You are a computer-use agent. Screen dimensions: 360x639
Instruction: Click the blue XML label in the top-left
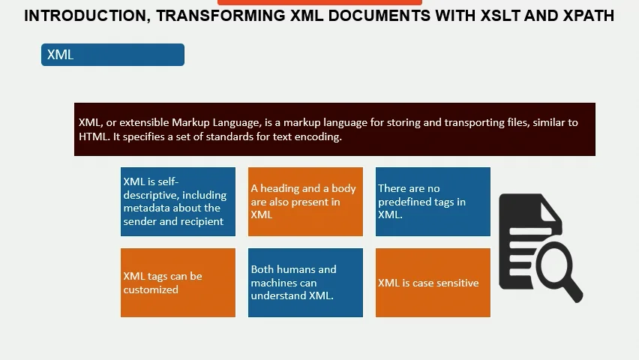pyautogui.click(x=112, y=55)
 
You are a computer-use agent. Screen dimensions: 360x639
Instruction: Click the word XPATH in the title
pyautogui.click(x=588, y=16)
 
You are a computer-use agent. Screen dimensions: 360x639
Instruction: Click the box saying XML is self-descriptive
pyautogui.click(x=178, y=201)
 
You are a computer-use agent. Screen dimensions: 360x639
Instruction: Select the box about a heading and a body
pyautogui.click(x=305, y=201)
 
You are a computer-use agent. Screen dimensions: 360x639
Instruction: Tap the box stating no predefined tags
pyautogui.click(x=433, y=201)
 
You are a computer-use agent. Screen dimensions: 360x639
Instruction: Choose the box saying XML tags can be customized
pyautogui.click(x=178, y=283)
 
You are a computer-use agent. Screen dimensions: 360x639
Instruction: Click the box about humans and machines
pyautogui.click(x=305, y=283)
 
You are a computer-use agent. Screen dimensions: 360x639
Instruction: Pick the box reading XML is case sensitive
pyautogui.click(x=433, y=283)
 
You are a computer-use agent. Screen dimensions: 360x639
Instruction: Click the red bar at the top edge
pyautogui.click(x=319, y=2)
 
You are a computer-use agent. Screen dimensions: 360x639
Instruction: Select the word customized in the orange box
pyautogui.click(x=151, y=289)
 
